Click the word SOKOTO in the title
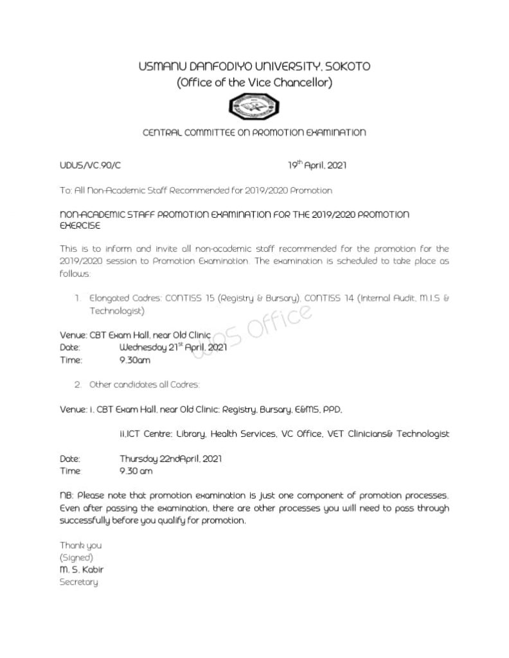pyautogui.click(x=347, y=66)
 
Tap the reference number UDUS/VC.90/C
pyautogui.click(x=90, y=166)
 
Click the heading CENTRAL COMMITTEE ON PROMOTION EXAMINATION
pyautogui.click(x=254, y=133)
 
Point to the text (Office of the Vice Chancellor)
pyautogui.click(x=254, y=82)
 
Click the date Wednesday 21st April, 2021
pyautogui.click(x=174, y=347)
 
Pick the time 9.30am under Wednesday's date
pyautogui.click(x=135, y=360)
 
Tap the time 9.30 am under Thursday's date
pyautogui.click(x=136, y=471)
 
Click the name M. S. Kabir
pyautogui.click(x=81, y=569)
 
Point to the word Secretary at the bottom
pyautogui.click(x=79, y=582)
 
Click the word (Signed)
pyautogui.click(x=76, y=557)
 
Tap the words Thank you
pyautogui.click(x=80, y=545)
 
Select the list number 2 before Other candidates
pyautogui.click(x=78, y=385)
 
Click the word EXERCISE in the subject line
pyautogui.click(x=80, y=227)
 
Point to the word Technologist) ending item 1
pyautogui.click(x=117, y=311)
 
